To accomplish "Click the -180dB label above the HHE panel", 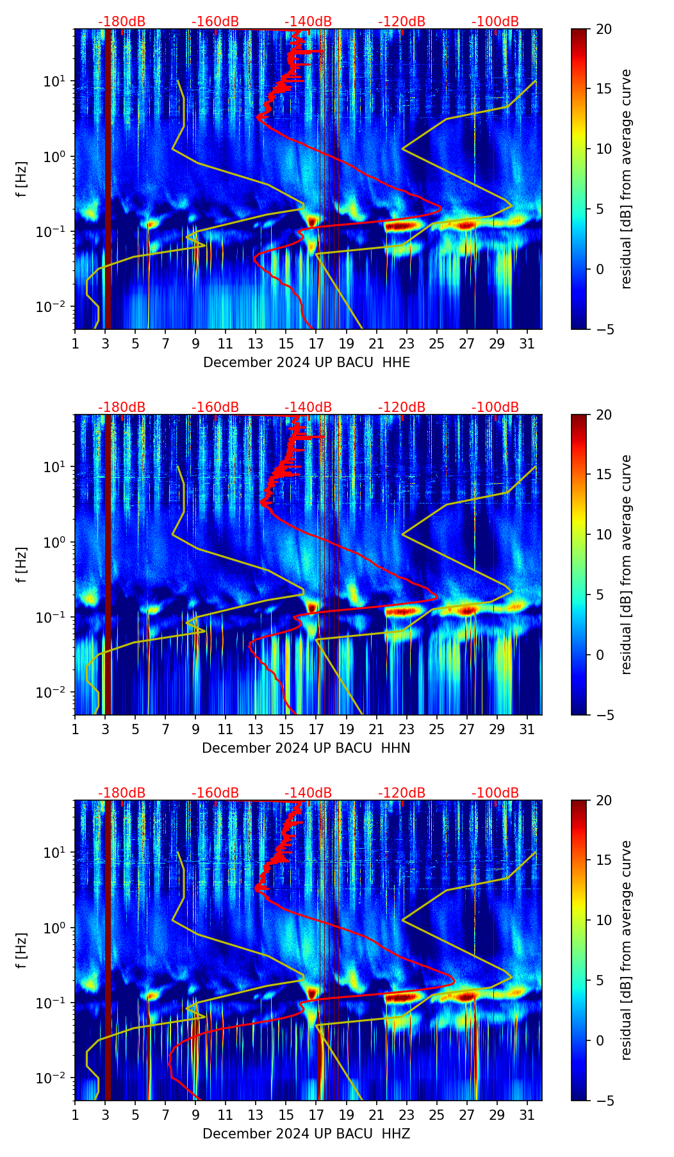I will (x=122, y=22).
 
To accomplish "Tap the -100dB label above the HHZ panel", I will (x=495, y=793).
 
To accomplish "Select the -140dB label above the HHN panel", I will (x=308, y=407).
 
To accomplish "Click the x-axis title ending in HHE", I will (x=306, y=363).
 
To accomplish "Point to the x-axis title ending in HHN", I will (x=306, y=748).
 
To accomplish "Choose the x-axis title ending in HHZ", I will (x=306, y=1134).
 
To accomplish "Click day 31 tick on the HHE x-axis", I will (x=527, y=343).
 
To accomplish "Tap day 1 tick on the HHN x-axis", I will (x=75, y=729).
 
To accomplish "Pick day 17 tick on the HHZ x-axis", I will (x=316, y=1115).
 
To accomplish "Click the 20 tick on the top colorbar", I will (x=604, y=29).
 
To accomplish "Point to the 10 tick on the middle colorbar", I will (x=604, y=534).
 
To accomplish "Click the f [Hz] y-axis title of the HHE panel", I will (x=22, y=179).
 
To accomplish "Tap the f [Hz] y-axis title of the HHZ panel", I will (x=22, y=950).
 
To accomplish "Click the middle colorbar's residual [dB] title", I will (x=627, y=564).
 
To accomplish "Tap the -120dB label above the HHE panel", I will (x=402, y=22).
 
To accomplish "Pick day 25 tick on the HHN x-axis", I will (x=436, y=729).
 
